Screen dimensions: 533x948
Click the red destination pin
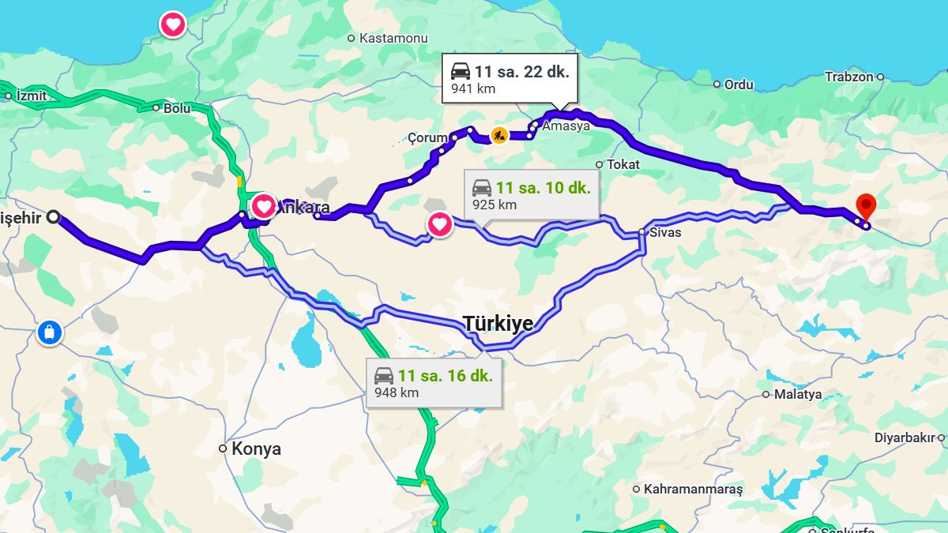(x=866, y=206)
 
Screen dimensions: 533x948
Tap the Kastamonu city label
(x=393, y=38)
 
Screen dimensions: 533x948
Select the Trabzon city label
(x=849, y=77)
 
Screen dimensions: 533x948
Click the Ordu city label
(x=739, y=84)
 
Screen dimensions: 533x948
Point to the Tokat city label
(x=623, y=164)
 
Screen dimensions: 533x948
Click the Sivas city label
(x=664, y=232)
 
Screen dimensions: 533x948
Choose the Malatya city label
(x=797, y=394)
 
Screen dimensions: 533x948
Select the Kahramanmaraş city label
(x=693, y=489)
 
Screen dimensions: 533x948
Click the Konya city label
(x=256, y=449)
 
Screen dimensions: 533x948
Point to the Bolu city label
(x=176, y=108)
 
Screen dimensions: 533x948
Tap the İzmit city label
(x=30, y=96)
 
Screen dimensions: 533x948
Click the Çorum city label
(x=427, y=138)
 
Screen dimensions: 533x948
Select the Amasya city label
(x=566, y=126)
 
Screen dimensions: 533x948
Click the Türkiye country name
(x=498, y=323)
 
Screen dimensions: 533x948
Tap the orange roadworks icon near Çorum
(x=499, y=135)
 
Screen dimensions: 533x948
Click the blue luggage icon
(x=49, y=332)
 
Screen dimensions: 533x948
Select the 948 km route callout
(x=434, y=383)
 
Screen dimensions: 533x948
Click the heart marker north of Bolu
(x=173, y=24)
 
